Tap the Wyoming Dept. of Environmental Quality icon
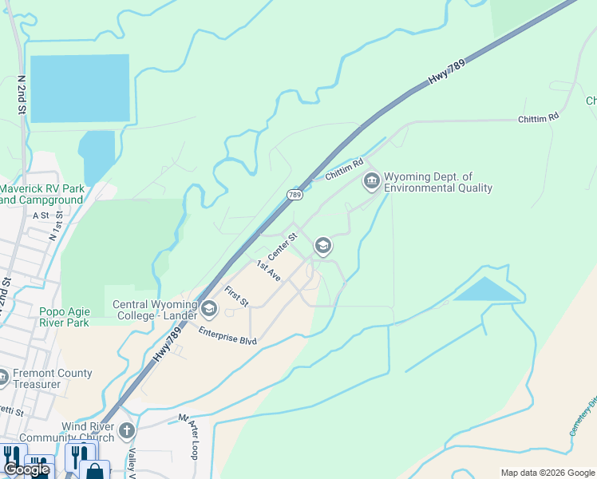(x=371, y=181)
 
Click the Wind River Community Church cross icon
(x=125, y=432)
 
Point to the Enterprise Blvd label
(x=227, y=335)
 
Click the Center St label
(x=283, y=246)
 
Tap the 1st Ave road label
(x=268, y=270)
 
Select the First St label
(x=237, y=296)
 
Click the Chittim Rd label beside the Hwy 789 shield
(x=345, y=168)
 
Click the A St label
(x=41, y=216)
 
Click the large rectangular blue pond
(x=79, y=88)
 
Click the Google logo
(x=27, y=469)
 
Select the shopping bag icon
(x=94, y=471)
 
